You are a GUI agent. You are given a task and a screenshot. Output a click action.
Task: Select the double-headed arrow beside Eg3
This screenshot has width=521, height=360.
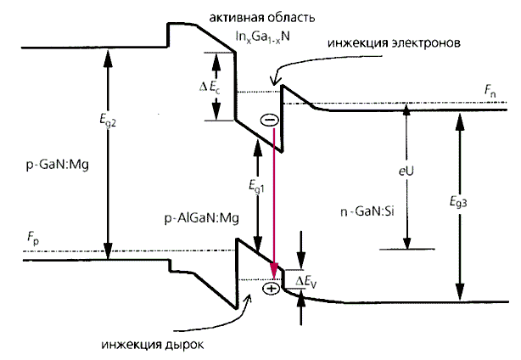click(x=459, y=208)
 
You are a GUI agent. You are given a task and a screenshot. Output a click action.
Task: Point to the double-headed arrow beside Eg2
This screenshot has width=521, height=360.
click(x=107, y=153)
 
